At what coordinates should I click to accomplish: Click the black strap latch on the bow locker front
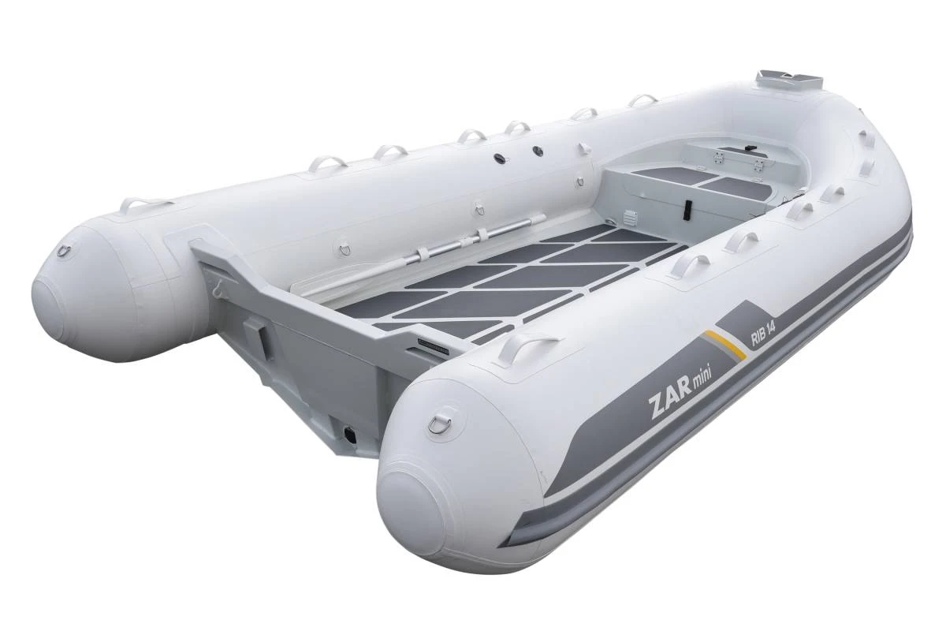688,209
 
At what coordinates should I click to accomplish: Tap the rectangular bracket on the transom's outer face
255,339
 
